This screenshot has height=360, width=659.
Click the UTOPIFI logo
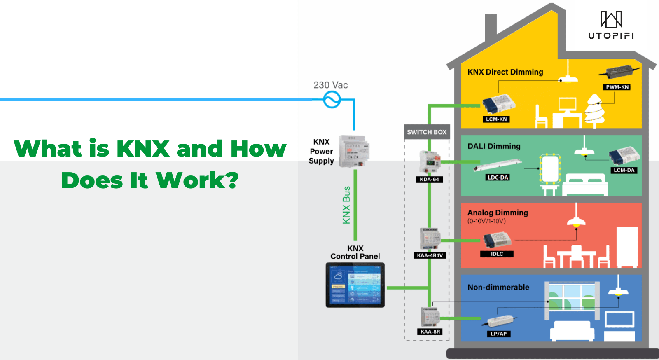(x=611, y=25)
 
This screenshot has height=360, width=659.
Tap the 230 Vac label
(x=330, y=85)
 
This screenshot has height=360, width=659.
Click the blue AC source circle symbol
(x=332, y=99)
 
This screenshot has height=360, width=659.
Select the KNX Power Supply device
(x=353, y=151)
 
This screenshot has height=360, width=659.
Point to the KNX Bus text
(x=346, y=205)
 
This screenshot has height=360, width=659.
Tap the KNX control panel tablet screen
(x=355, y=285)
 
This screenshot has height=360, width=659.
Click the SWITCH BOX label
(x=427, y=132)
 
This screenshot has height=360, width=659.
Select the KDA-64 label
(x=429, y=180)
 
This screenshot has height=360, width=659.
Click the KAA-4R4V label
(x=430, y=255)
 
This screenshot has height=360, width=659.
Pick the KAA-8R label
(x=430, y=332)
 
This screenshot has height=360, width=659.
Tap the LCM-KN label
(x=496, y=119)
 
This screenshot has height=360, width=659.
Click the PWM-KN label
(x=617, y=87)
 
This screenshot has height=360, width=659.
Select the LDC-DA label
(x=498, y=178)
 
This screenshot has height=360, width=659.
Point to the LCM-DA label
(x=624, y=170)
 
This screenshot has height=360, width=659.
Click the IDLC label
(x=497, y=254)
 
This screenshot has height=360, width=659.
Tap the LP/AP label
(x=498, y=334)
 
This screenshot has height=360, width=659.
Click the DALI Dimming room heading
(x=494, y=146)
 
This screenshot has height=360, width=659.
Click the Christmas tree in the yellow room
(x=594, y=110)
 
